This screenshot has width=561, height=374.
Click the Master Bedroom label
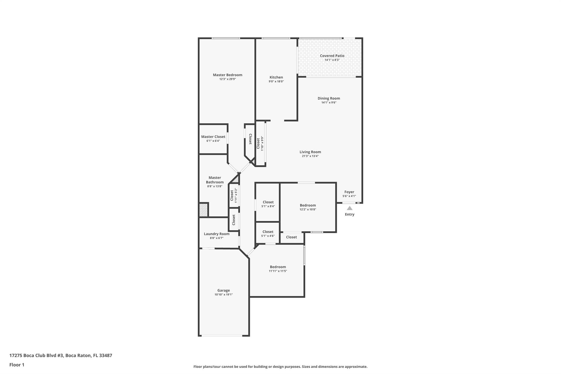tap(227, 75)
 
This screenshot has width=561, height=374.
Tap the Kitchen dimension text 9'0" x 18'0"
tap(276, 81)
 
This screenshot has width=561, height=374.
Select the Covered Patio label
tap(332, 56)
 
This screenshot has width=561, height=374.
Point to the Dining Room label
tap(329, 98)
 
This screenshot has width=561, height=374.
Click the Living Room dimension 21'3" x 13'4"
tap(310, 156)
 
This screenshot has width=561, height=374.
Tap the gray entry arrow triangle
tap(350, 208)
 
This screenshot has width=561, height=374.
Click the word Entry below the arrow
tap(350, 215)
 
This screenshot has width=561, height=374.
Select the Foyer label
tap(349, 192)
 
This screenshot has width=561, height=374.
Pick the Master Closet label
tap(213, 137)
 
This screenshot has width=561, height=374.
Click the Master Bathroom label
tap(215, 180)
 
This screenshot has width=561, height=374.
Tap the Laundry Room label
tap(216, 234)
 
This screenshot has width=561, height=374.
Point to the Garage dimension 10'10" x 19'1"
tap(224, 295)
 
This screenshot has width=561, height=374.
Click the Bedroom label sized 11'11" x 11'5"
tap(278, 267)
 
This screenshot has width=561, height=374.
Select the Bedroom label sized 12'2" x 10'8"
tap(308, 205)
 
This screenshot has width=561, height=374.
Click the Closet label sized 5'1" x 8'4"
tap(268, 202)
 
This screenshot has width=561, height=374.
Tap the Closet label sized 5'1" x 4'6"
tap(268, 232)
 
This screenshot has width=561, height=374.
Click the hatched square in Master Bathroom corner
tap(204, 210)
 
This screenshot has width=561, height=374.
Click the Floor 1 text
tap(17, 365)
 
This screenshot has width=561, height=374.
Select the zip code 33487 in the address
tap(106, 356)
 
